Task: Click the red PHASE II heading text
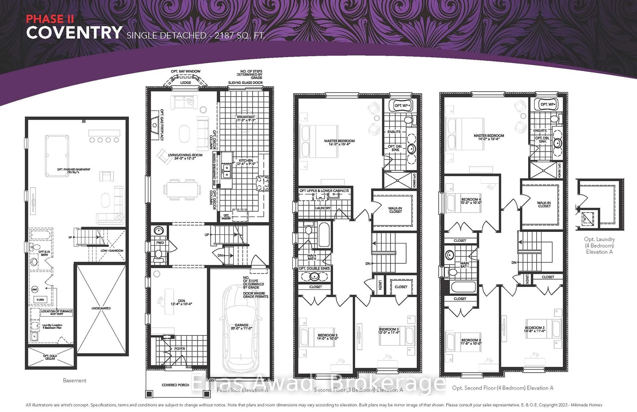pos(50,19)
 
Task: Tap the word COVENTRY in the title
pos(74,33)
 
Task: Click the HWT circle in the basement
pos(35,290)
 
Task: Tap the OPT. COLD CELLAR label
pos(50,357)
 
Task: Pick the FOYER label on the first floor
pos(180,349)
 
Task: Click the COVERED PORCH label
pos(175,385)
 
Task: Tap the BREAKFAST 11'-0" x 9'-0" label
pos(246,118)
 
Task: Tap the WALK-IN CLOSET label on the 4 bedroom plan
pos(544,205)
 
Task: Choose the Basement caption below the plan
pos(74,381)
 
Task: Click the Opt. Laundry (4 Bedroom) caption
pos(599,245)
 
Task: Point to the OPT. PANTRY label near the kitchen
pos(226,217)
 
